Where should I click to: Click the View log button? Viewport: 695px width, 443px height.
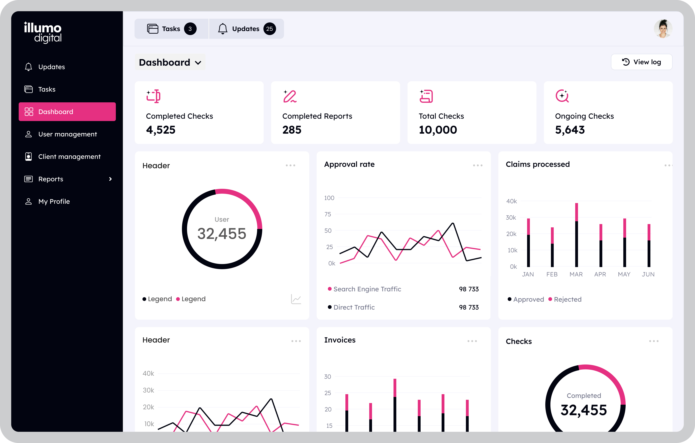(x=641, y=62)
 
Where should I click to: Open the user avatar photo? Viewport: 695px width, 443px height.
(x=663, y=29)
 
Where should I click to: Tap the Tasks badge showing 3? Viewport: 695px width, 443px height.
(x=190, y=29)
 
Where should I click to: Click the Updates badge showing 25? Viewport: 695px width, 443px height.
(x=269, y=29)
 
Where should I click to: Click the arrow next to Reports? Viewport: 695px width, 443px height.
(x=110, y=179)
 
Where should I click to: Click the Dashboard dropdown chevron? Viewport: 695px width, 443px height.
(x=198, y=63)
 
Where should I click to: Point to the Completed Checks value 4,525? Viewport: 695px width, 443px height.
(x=160, y=130)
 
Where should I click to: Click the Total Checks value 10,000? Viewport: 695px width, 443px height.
(x=438, y=130)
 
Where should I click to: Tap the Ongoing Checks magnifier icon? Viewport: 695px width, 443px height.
(x=562, y=96)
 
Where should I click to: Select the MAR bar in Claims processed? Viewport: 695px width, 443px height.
(x=576, y=235)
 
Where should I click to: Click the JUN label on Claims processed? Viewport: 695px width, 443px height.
(x=648, y=274)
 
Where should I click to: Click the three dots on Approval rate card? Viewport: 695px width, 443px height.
(x=478, y=165)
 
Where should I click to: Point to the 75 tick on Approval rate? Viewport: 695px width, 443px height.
(x=328, y=214)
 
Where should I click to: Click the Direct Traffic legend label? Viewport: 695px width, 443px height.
(x=354, y=307)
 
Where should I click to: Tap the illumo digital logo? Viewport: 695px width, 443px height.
(x=43, y=32)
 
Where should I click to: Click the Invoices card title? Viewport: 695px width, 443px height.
(x=340, y=340)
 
